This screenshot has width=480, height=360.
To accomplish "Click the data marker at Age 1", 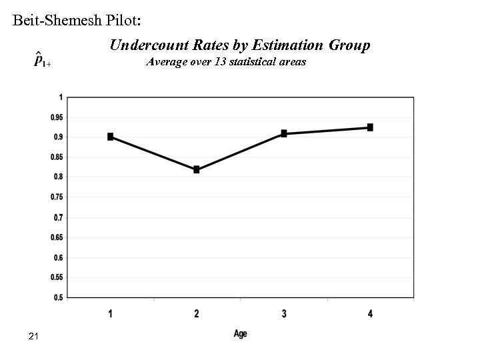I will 110,137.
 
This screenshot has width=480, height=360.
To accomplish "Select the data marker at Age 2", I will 197,170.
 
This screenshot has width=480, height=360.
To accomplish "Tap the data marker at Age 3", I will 284,133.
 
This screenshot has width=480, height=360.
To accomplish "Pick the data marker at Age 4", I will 370,127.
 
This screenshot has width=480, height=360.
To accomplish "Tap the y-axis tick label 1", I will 61,97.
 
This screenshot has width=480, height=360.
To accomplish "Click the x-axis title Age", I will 240,333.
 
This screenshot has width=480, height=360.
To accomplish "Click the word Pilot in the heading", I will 120,20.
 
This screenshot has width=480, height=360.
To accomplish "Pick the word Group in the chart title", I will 350,45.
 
